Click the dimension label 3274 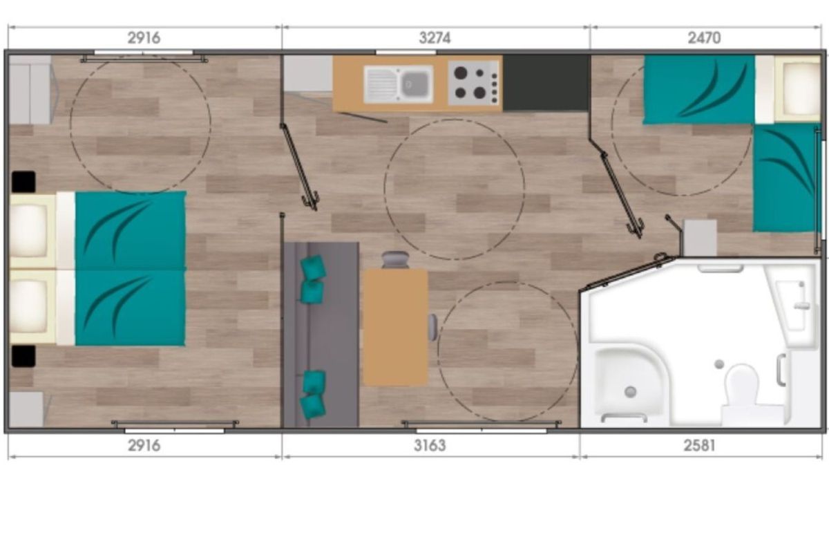tap(435, 38)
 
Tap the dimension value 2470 tap(704, 38)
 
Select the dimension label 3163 tap(430, 446)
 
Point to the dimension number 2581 tap(699, 446)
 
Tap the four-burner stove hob tap(474, 83)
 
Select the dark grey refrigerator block tap(546, 83)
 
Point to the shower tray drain tap(630, 391)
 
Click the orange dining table tap(395, 328)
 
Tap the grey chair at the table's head tap(395, 259)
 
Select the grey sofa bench tap(321, 335)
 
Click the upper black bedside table tap(23, 182)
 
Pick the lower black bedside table tap(23, 356)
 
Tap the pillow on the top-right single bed tap(797, 88)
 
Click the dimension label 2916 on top tap(144, 38)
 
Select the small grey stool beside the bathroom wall tap(699, 237)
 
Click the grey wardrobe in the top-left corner tap(30, 90)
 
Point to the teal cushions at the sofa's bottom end tap(314, 394)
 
